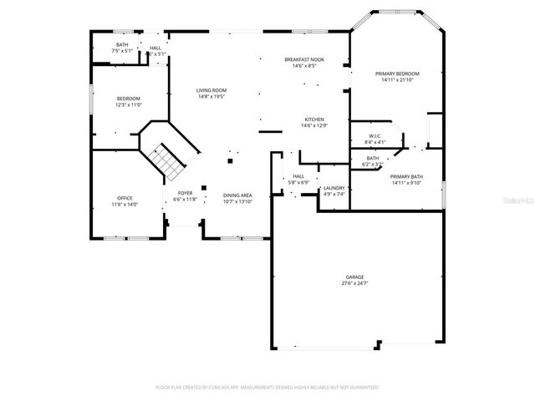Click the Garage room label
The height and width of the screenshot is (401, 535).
click(x=355, y=277)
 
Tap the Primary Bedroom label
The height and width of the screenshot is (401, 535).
click(x=397, y=74)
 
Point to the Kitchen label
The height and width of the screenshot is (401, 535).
click(x=314, y=119)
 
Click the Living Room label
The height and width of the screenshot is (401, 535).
click(x=211, y=90)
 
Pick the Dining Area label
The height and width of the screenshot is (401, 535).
click(x=237, y=195)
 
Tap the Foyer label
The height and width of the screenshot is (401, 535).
click(x=184, y=193)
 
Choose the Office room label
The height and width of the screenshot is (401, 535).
click(x=124, y=198)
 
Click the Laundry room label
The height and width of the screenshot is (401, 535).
click(x=334, y=189)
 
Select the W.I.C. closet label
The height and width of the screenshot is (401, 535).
click(x=375, y=136)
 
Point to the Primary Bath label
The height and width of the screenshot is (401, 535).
click(x=406, y=177)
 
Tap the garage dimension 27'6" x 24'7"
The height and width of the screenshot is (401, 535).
click(x=355, y=283)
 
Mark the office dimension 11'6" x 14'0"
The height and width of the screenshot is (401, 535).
click(x=124, y=204)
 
